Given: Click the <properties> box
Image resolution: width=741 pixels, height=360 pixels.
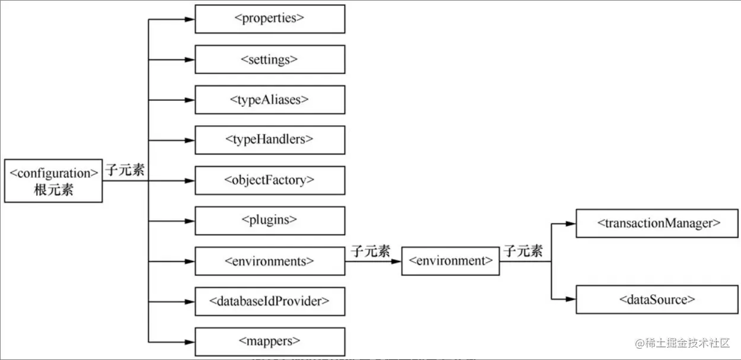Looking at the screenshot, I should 270,19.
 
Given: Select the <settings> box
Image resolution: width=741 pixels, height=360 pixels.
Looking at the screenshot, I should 270,59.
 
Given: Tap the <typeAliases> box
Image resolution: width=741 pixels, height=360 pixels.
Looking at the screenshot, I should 270,100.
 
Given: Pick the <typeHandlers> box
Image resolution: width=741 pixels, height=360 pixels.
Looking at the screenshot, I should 270,140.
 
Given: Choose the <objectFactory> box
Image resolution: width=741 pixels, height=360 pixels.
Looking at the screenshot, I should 270,180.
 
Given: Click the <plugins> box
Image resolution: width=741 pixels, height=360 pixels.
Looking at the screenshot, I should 270,220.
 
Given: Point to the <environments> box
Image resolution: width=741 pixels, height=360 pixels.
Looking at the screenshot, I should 270,261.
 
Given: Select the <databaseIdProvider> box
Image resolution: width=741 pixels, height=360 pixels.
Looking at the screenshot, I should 270,301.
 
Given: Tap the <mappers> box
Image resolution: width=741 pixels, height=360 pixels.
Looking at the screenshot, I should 270,341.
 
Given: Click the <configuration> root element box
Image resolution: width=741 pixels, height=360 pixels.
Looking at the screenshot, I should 53,181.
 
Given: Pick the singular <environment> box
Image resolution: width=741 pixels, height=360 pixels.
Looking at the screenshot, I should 451,261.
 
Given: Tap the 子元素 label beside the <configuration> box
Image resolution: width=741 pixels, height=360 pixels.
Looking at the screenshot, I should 125,170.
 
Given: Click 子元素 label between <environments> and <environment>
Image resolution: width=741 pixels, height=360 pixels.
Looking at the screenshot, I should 370,251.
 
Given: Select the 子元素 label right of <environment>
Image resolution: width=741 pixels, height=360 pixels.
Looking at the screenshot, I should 523,251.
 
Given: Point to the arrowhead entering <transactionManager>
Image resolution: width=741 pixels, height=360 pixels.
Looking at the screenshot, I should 570,224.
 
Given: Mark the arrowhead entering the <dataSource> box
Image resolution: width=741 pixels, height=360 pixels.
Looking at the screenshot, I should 570,300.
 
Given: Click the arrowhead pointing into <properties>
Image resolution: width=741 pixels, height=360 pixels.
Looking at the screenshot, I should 189,19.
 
